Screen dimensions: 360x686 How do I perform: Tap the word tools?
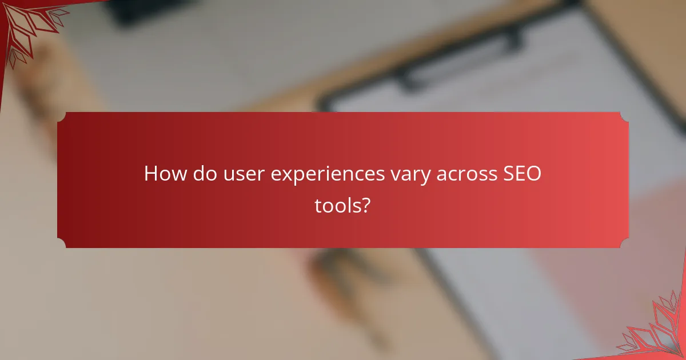click(337, 206)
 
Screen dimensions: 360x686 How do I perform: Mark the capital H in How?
click(151, 174)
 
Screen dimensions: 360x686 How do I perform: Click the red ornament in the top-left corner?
click(26, 26)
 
